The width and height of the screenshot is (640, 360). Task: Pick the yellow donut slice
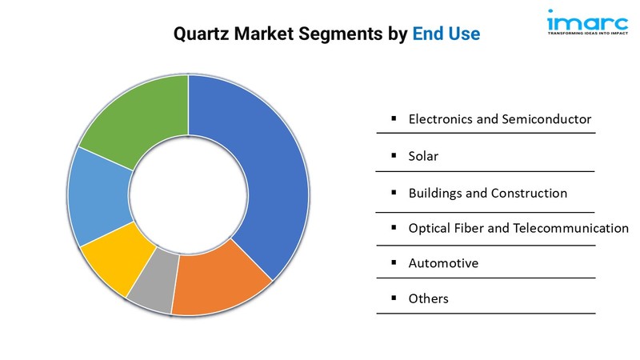point(116,257)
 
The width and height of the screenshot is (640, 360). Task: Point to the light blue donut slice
point(98,196)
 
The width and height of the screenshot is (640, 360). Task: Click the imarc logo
point(587,22)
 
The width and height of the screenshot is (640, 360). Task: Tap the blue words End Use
point(446,34)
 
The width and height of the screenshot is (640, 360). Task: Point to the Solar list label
point(423,156)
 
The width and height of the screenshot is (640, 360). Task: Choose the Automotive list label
point(443,263)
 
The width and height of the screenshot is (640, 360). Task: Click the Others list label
point(428,298)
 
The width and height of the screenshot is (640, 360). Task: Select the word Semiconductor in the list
point(546,118)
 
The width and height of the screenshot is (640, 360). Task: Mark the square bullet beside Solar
point(394,155)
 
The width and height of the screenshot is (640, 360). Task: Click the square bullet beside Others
point(394,298)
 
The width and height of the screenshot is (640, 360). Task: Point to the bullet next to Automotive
point(394,262)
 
